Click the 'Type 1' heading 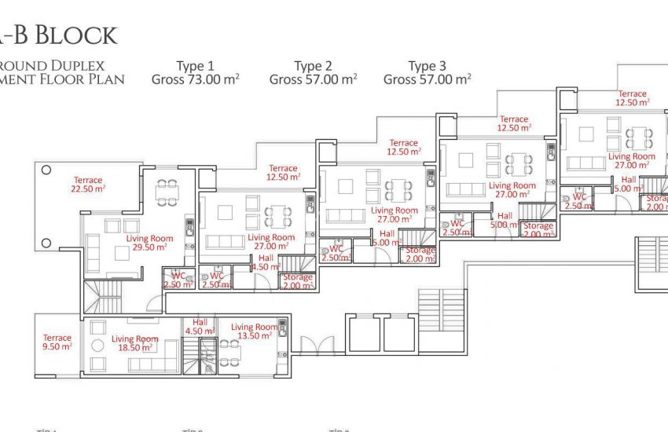[x=195, y=66]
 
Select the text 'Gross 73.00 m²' [x=195, y=79]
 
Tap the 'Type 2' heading [x=313, y=66]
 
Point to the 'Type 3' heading [x=427, y=66]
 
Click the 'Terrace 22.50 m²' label [x=88, y=184]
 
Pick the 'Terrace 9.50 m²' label [x=57, y=342]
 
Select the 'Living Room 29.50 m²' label [x=149, y=242]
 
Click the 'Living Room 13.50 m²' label [x=254, y=331]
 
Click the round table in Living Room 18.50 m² [x=98, y=346]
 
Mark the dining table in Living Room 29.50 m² [x=167, y=192]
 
